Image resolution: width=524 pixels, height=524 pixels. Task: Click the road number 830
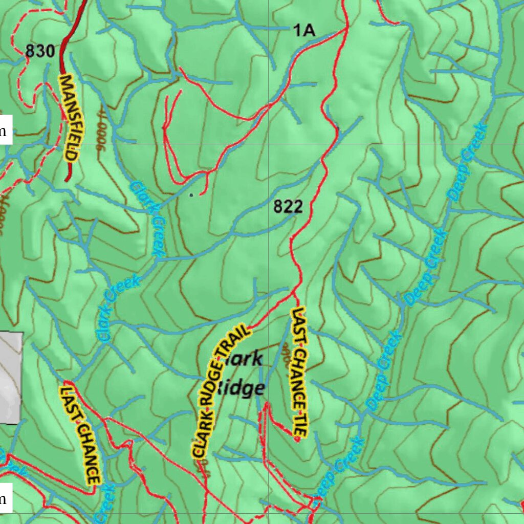point(39,51)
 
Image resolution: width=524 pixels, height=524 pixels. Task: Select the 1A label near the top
point(303,31)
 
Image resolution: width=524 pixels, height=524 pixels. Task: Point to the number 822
point(288,207)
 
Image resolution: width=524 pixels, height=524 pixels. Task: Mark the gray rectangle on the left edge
point(11,378)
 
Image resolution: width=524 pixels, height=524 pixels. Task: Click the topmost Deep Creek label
point(466,161)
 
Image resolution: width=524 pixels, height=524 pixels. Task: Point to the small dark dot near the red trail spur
point(191,194)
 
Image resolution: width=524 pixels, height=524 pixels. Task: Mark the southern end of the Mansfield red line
point(67,180)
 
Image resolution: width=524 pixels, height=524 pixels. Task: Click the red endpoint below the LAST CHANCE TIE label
point(296,440)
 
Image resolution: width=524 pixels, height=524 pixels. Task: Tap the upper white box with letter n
point(5,132)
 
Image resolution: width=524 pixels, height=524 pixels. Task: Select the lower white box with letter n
point(5,499)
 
